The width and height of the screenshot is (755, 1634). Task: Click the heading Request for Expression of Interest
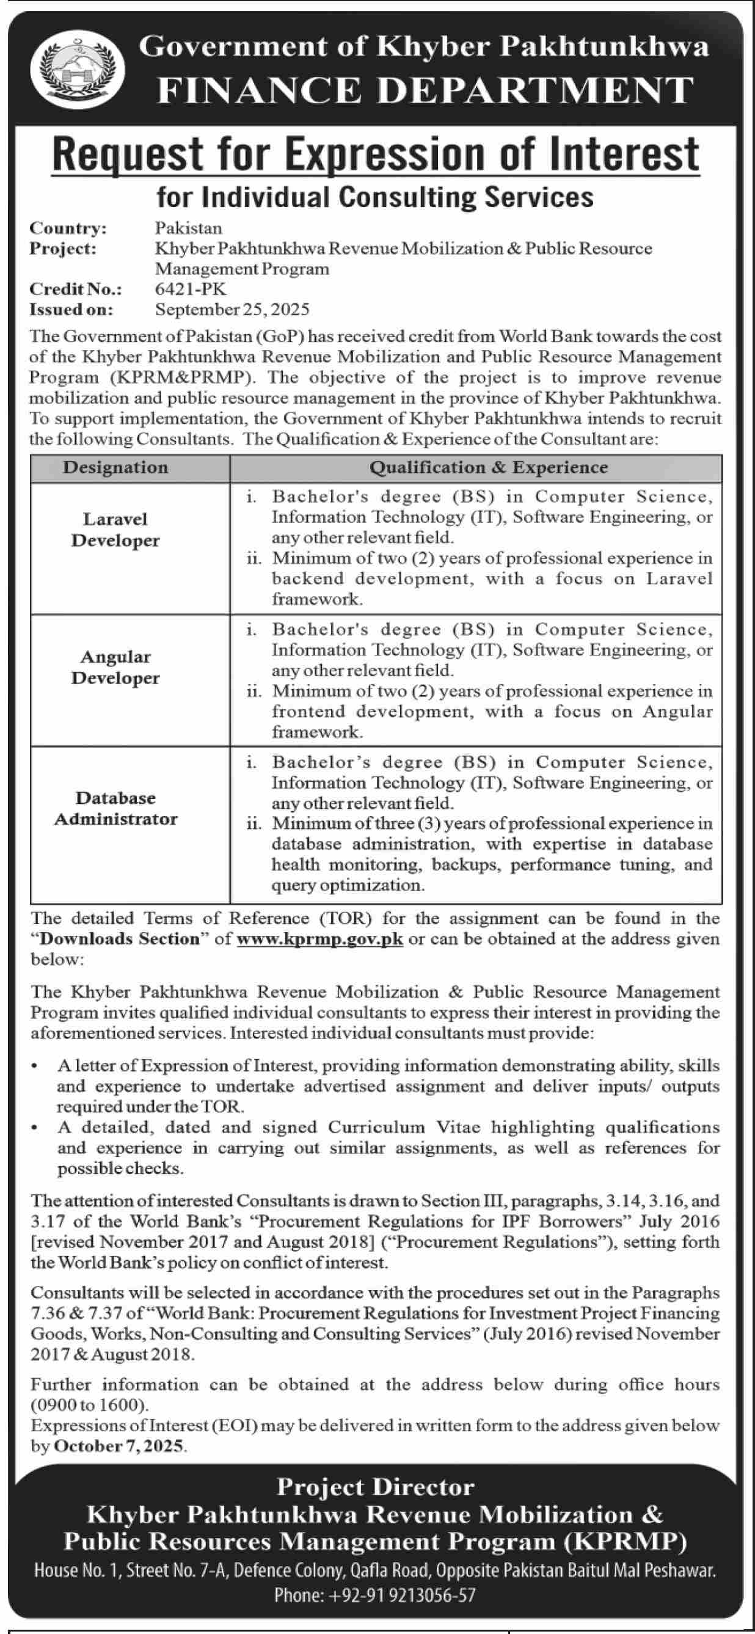click(x=376, y=154)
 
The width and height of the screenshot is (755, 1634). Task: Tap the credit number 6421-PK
click(x=191, y=290)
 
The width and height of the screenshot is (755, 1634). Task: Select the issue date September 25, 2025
click(x=232, y=310)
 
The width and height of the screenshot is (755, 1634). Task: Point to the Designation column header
click(x=115, y=468)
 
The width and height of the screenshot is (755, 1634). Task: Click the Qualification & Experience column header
click(x=489, y=468)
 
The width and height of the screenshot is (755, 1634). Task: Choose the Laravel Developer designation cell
click(x=115, y=530)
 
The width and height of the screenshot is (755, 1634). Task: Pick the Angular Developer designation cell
click(x=115, y=668)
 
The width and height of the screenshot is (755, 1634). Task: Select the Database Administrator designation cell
click(x=115, y=809)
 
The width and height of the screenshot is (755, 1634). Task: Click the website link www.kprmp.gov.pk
click(x=319, y=939)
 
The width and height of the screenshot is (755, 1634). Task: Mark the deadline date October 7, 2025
click(x=119, y=1428)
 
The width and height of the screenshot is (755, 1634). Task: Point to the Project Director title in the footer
click(x=376, y=1487)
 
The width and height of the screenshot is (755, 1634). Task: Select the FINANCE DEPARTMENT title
click(x=425, y=90)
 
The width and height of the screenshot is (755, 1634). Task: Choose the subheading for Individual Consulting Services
click(x=375, y=197)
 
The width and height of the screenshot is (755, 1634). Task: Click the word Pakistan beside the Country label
click(x=188, y=228)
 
